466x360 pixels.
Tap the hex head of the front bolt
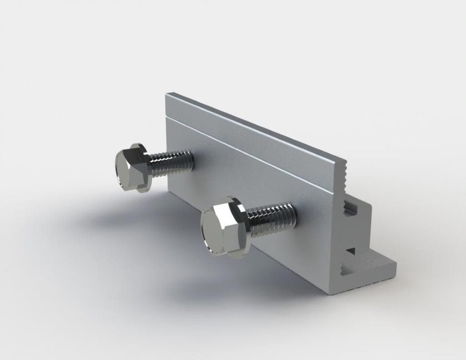pos(219,230)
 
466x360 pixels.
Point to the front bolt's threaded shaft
pos(271,218)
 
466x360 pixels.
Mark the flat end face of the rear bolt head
pos(124,170)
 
